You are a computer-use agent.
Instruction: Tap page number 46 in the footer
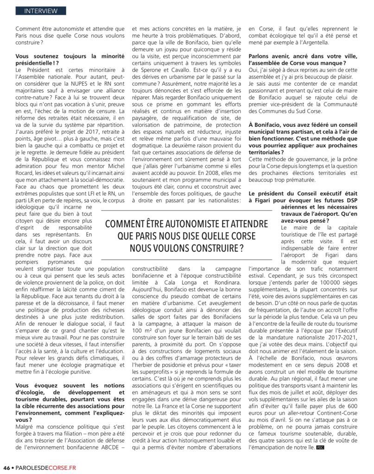pyautogui.click(x=6, y=467)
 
